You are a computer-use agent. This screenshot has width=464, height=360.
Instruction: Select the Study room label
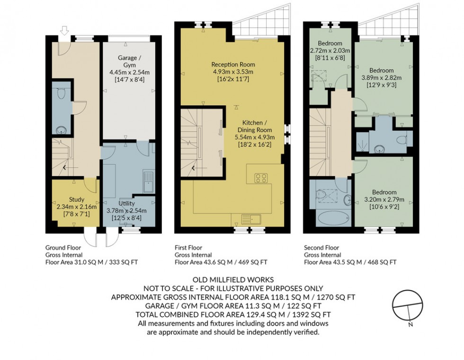(76, 199)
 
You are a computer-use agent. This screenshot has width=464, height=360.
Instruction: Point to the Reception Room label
(233, 65)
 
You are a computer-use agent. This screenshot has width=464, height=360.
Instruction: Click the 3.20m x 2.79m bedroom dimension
(384, 199)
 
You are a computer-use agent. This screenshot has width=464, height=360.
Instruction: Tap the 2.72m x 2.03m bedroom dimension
(330, 51)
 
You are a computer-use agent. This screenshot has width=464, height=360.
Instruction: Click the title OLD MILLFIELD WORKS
(232, 280)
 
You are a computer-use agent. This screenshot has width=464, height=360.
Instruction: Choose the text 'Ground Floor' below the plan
(62, 247)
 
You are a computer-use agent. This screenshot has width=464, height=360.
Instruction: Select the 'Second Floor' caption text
(321, 247)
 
